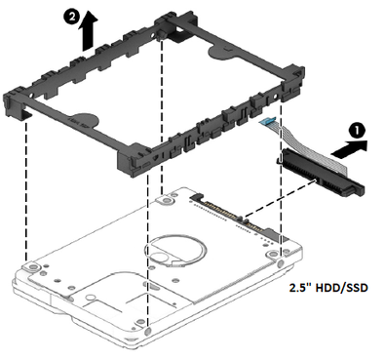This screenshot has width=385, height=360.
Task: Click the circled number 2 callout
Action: (x=71, y=17)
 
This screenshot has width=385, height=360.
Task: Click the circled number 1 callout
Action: (x=357, y=131)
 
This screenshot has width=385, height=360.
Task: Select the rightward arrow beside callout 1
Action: (x=350, y=149)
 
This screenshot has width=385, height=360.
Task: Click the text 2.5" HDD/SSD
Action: (x=328, y=288)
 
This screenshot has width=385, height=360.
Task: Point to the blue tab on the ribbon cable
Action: (x=268, y=121)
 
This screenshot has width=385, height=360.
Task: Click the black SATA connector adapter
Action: (x=320, y=173)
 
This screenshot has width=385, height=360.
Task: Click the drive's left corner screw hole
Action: (x=31, y=266)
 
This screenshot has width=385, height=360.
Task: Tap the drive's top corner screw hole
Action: (x=166, y=199)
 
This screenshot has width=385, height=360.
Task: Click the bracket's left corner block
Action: (x=15, y=104)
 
